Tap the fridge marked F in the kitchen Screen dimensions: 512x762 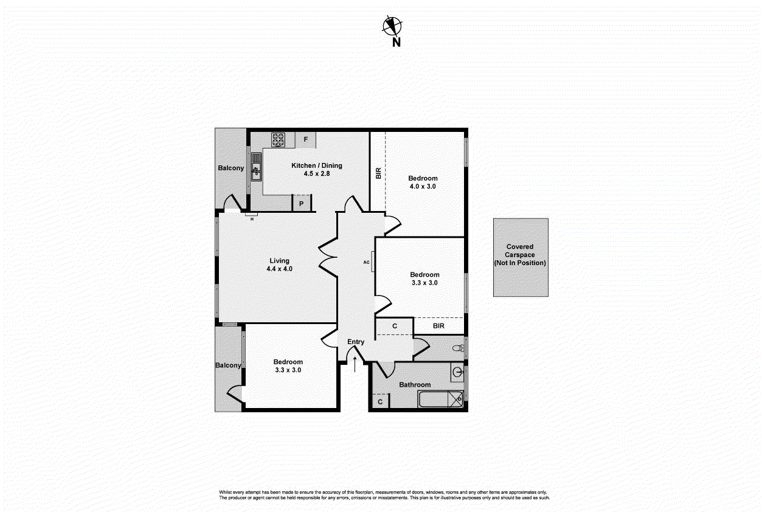pos(306,140)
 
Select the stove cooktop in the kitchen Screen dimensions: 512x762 pos(279,140)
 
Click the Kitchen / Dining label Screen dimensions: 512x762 pos(316,165)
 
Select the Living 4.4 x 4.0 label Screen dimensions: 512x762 pos(280,265)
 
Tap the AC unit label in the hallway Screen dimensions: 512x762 pos(367,262)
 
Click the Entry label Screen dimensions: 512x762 pos(356,342)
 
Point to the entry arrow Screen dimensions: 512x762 pos(355,364)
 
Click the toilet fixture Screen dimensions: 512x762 pos(458,348)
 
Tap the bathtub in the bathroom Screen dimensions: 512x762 pos(441,400)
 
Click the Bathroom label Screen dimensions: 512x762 pos(415,384)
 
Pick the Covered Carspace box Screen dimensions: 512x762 pos(520,257)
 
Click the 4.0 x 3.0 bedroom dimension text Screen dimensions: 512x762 pos(423,187)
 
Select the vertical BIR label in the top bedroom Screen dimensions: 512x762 pos(378,173)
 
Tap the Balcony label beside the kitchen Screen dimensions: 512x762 pos(230,168)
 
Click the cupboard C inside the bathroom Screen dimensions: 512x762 pos(380,402)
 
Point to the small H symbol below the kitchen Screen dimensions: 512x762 pos(252,218)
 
